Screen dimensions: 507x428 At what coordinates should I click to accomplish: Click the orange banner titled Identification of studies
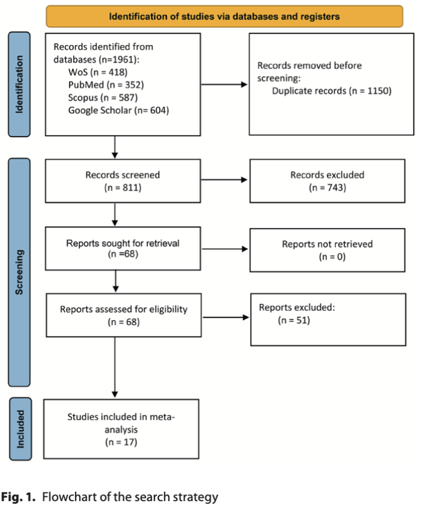point(224,16)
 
